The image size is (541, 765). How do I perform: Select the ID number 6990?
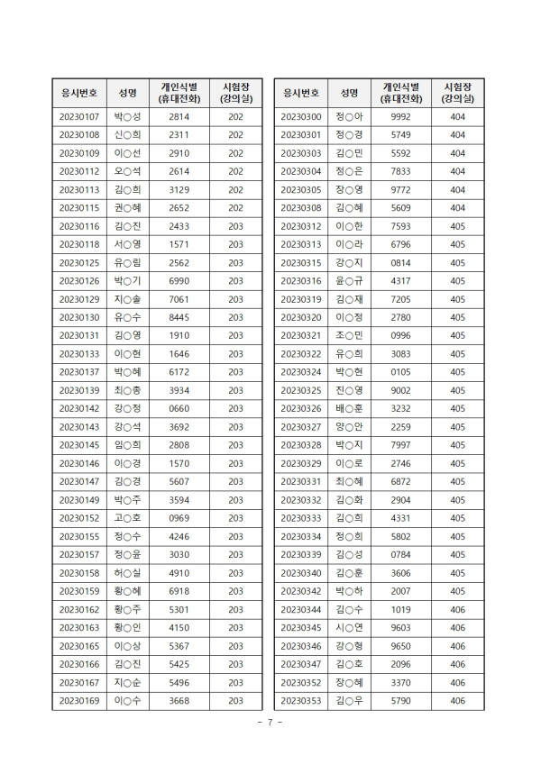point(179,280)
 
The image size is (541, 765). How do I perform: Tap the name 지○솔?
point(127,298)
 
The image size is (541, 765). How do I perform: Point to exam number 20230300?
point(301,116)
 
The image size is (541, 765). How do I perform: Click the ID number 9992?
point(401,116)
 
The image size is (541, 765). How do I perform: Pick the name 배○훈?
point(349,408)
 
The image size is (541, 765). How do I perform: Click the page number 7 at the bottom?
point(270,724)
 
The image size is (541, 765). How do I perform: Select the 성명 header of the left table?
point(127,92)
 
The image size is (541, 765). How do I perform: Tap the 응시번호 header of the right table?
point(301,92)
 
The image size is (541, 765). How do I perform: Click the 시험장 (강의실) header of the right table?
point(457,92)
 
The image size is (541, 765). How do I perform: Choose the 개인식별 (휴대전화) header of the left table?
point(179,92)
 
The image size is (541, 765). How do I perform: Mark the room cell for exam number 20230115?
point(235,207)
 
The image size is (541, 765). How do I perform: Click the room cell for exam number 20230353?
point(457,700)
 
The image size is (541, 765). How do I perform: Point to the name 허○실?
point(127,572)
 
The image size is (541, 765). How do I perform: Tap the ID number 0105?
point(401,371)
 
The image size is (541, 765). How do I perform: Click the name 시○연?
point(349,627)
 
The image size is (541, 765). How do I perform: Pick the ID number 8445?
point(179,317)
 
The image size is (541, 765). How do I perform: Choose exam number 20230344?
point(301,609)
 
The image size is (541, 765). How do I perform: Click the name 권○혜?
point(127,207)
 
